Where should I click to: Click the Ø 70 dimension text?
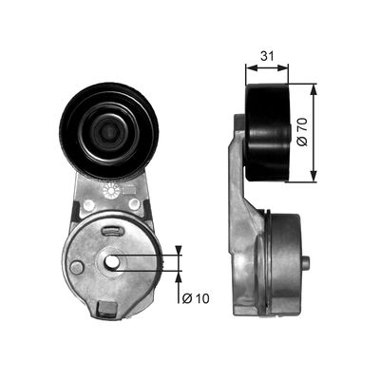(329, 132)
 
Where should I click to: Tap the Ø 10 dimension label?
(196, 298)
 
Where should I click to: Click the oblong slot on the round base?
(111, 231)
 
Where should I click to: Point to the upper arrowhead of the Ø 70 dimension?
(313, 88)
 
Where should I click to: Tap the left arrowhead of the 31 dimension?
(249, 67)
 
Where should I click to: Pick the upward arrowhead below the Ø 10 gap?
(180, 275)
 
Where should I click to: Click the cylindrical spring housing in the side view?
(275, 261)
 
